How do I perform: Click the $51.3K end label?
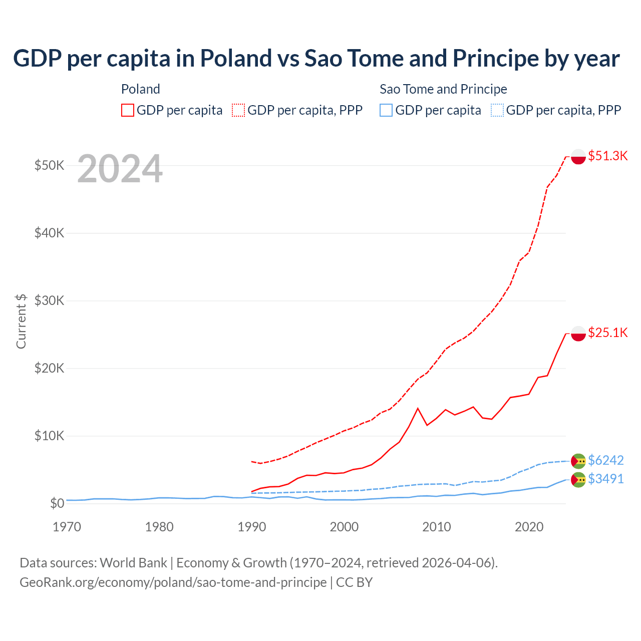click(x=607, y=156)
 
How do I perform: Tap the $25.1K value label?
click(x=607, y=333)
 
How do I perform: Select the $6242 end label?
click(x=605, y=460)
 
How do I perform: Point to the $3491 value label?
click(x=605, y=479)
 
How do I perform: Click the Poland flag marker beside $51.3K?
click(x=578, y=156)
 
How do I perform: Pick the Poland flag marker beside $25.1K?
click(x=578, y=333)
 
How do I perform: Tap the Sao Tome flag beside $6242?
click(x=578, y=460)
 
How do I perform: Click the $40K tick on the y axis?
click(x=49, y=233)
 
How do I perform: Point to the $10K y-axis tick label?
click(x=49, y=436)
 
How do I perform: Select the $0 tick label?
click(x=57, y=503)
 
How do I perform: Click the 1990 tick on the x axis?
click(x=251, y=527)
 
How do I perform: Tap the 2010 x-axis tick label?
click(x=437, y=527)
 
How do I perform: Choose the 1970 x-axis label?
click(x=67, y=527)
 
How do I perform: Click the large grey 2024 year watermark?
click(x=120, y=169)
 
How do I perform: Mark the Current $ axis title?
click(x=21, y=321)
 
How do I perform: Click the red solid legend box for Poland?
click(x=128, y=110)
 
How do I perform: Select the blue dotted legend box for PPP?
click(x=497, y=110)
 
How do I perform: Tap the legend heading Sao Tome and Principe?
click(x=443, y=89)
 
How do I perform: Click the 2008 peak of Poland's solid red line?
click(x=418, y=408)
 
